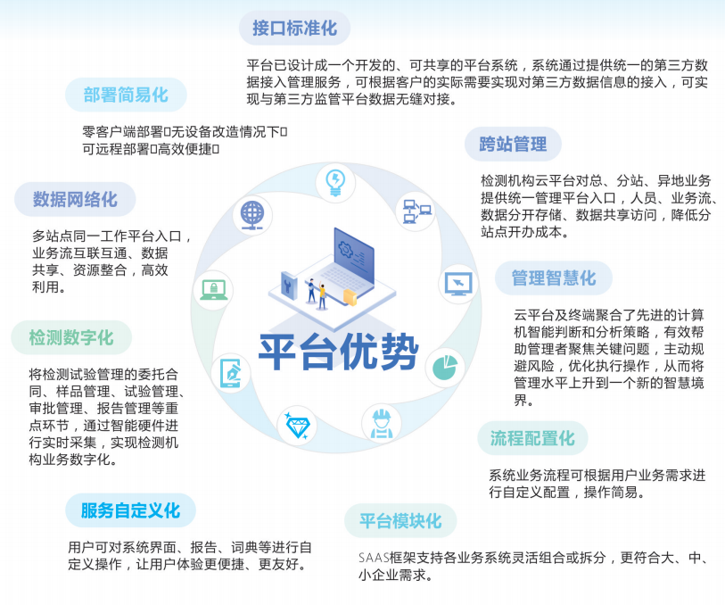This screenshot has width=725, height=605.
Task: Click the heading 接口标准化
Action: pyautogui.click(x=294, y=29)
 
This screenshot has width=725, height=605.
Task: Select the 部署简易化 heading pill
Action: pyautogui.click(x=126, y=95)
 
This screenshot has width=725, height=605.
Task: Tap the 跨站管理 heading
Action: pyautogui.click(x=513, y=144)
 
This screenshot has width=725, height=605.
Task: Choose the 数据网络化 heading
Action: pyautogui.click(x=75, y=199)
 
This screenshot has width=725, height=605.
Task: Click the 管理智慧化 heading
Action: pyautogui.click(x=554, y=278)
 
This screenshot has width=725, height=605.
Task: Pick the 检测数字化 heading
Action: pyautogui.click(x=71, y=337)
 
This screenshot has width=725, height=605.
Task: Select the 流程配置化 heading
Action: pyautogui.click(x=532, y=438)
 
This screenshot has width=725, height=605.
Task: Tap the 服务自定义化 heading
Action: pyautogui.click(x=130, y=510)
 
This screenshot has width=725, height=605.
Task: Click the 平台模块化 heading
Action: pyautogui.click(x=400, y=521)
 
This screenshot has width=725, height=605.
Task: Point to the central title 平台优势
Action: pyautogui.click(x=338, y=352)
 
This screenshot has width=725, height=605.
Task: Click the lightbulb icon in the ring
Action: pyautogui.click(x=335, y=183)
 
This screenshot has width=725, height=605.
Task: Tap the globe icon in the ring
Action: pyautogui.click(x=252, y=216)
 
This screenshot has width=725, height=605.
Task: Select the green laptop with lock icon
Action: pyautogui.click(x=213, y=290)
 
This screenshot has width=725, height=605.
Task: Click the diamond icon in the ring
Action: pyautogui.click(x=297, y=426)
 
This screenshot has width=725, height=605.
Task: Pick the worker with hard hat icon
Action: pyautogui.click(x=382, y=423)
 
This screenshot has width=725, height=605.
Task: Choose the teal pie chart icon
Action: pyautogui.click(x=445, y=368)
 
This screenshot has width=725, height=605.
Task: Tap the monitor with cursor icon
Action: pyautogui.click(x=458, y=284)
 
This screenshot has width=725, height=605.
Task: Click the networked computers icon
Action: pyautogui.click(x=416, y=211)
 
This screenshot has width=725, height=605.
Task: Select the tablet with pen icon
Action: pyautogui.click(x=231, y=373)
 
